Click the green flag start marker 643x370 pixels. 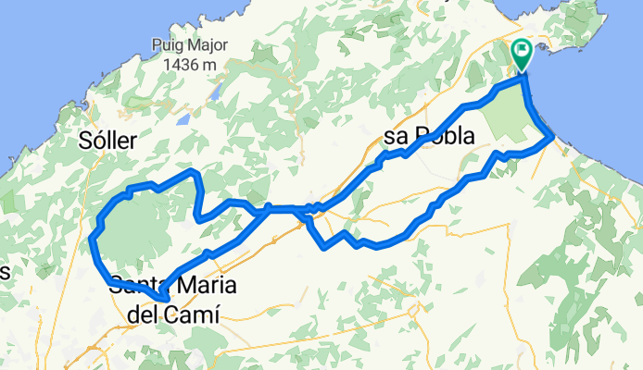[522, 53]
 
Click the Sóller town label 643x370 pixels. [108, 141]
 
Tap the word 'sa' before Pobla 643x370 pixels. [396, 138]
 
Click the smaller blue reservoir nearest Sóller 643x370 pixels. [183, 119]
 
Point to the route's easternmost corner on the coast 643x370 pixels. [552, 137]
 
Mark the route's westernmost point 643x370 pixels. [92, 242]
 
